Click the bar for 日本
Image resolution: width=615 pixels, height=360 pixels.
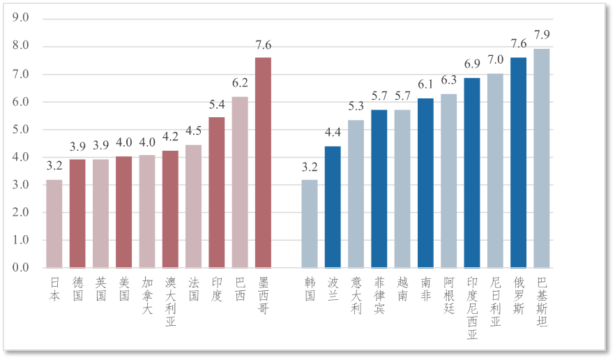tap(54, 224)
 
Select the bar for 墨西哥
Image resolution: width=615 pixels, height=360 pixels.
tap(263, 163)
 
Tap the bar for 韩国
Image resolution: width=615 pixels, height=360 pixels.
tap(310, 224)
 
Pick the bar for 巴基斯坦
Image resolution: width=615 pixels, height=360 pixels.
tap(542, 158)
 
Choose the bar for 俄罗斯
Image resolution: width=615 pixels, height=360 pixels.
tap(519, 163)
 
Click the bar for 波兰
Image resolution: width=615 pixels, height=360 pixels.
tap(333, 207)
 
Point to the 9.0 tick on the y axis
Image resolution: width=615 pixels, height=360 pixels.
tap(21, 19)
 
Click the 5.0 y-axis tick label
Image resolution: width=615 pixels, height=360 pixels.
tap(21, 130)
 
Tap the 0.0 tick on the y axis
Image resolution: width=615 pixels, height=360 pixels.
tap(21, 268)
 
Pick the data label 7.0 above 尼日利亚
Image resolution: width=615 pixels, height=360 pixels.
tap(495, 60)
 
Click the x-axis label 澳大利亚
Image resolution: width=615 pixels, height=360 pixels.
tap(170, 301)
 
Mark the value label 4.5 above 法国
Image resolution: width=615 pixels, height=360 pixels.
tap(193, 131)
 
